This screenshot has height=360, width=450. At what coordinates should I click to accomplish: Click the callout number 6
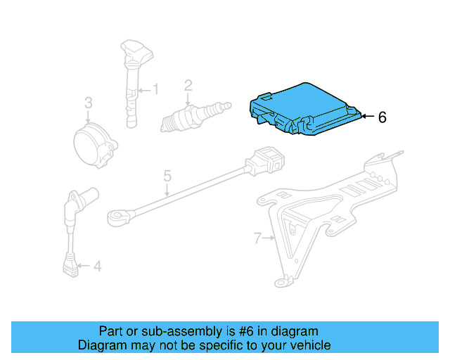382,117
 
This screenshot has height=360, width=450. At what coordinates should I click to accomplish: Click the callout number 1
156,89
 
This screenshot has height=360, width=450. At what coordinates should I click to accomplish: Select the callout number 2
188,86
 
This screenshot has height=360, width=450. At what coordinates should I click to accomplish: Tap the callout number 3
88,103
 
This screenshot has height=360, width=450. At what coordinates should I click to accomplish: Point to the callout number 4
97,266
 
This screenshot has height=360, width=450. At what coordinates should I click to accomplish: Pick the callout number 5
167,174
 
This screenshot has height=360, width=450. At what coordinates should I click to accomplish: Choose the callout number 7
257,239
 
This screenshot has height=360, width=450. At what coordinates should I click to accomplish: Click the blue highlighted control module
302,109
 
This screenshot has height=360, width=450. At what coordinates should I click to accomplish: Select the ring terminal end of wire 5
117,216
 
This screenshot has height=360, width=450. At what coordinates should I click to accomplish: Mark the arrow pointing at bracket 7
269,239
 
